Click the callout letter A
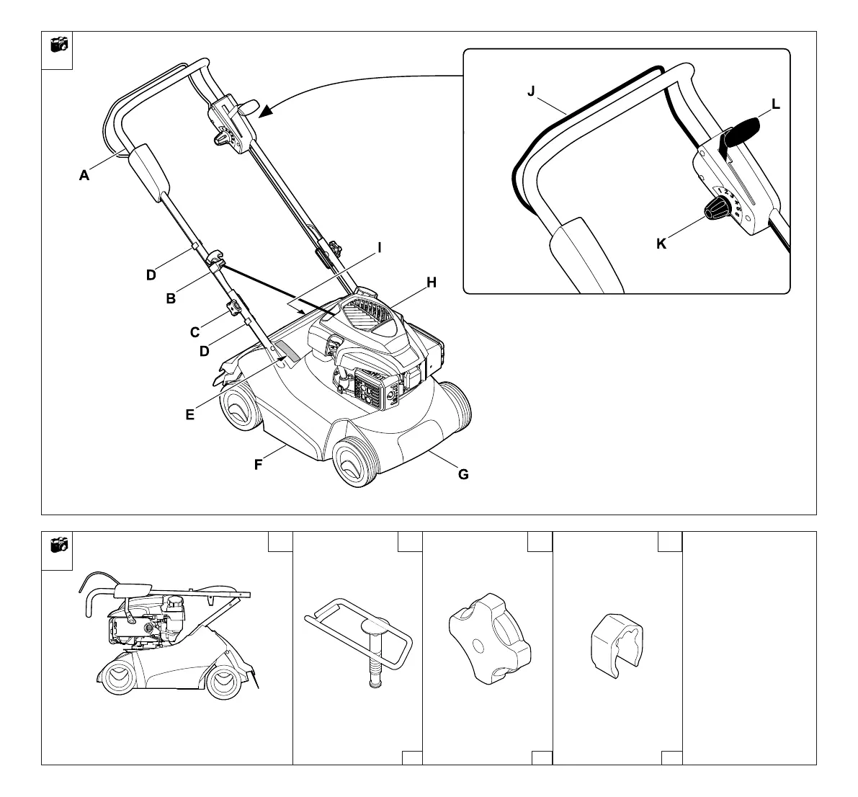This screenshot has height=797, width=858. point(84,174)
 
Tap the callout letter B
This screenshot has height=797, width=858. point(171,298)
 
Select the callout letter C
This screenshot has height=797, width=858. point(195,332)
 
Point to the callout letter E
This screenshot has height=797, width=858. point(189,414)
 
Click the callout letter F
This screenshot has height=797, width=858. point(258,465)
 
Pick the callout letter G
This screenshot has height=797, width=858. point(463,473)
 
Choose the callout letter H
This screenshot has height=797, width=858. point(431,282)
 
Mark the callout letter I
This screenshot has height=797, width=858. point(380,247)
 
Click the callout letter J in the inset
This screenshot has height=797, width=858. point(531,92)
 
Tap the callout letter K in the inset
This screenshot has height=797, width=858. point(661,244)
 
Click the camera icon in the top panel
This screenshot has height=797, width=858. point(58,45)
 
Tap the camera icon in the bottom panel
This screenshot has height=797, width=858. point(58,545)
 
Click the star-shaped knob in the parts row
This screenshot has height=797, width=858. point(489,638)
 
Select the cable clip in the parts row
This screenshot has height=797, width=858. point(616,645)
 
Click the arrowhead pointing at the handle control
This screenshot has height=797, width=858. point(266,111)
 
